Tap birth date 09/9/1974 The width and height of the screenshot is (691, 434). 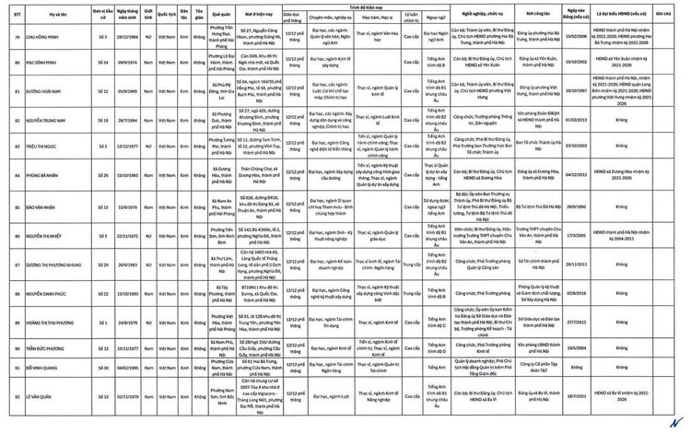tap(127, 63)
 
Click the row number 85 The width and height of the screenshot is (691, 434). tap(17, 206)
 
